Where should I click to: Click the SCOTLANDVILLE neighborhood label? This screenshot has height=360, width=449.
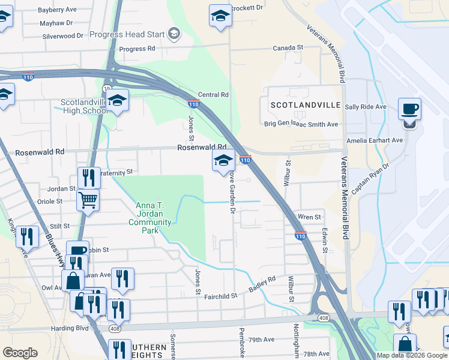point(306,105)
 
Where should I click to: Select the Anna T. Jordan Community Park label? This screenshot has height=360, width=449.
point(150,214)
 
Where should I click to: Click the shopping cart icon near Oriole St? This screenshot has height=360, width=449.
point(88,199)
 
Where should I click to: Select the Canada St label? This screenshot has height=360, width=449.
point(288,47)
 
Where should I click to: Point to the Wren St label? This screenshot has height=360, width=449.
point(309,217)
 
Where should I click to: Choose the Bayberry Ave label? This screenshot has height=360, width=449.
point(58,10)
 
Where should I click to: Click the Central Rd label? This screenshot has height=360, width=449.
point(213,95)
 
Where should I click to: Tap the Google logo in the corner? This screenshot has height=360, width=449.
point(20,352)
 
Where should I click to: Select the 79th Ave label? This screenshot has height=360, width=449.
point(261,339)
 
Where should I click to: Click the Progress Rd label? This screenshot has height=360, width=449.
point(137,49)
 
